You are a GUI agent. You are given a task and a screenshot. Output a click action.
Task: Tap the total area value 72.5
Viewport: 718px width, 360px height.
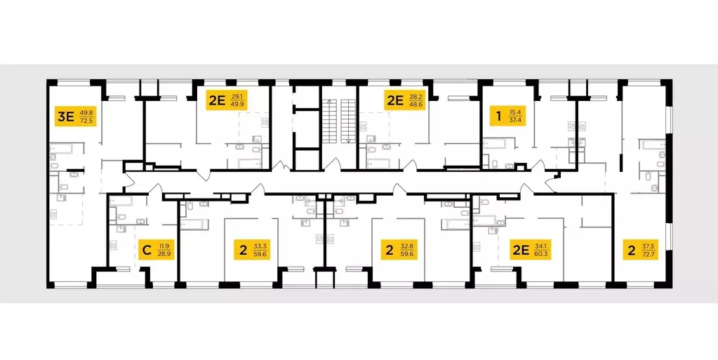pyautogui.click(x=86, y=121)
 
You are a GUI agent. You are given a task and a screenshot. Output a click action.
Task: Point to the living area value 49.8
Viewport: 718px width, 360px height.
pyautogui.click(x=86, y=112)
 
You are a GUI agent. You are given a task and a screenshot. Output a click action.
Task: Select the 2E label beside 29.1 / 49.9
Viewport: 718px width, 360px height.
pyautogui.click(x=215, y=100)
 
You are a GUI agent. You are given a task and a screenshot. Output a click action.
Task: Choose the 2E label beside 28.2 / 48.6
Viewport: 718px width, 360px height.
pyautogui.click(x=394, y=100)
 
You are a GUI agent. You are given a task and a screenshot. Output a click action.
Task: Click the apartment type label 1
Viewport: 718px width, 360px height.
pyautogui.click(x=498, y=116)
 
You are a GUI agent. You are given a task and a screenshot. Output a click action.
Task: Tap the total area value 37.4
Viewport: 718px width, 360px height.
pyautogui.click(x=517, y=121)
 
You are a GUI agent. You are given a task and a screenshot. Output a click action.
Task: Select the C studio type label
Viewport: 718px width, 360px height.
pyautogui.click(x=147, y=248)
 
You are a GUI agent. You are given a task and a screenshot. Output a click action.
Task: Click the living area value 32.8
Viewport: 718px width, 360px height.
pyautogui.click(x=408, y=244)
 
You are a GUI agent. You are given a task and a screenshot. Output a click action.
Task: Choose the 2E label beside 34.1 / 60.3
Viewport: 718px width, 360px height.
pyautogui.click(x=520, y=248)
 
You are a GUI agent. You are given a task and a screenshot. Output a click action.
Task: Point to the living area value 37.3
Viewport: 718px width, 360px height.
pyautogui.click(x=649, y=244)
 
